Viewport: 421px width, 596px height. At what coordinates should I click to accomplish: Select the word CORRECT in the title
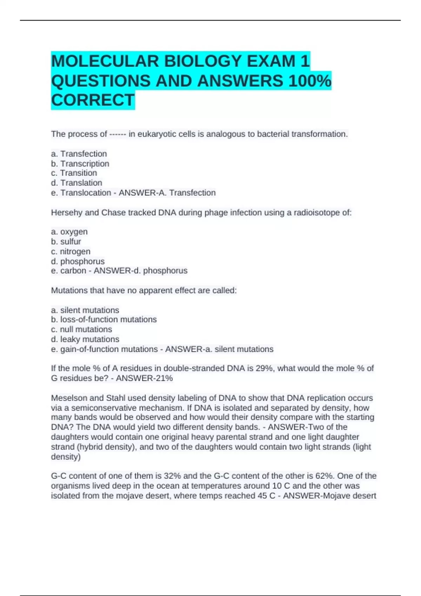click(93, 100)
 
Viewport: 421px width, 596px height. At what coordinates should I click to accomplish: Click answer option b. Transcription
click(80, 164)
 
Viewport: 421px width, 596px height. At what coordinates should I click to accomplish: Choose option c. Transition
click(74, 173)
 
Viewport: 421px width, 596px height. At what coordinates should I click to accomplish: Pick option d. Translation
click(76, 183)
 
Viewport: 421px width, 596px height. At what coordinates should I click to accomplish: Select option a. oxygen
click(69, 232)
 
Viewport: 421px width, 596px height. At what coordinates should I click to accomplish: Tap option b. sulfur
click(66, 242)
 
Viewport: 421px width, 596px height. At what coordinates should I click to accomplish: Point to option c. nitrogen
click(71, 251)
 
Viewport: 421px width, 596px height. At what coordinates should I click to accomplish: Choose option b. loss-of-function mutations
click(104, 319)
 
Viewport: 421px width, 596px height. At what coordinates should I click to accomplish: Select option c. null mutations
click(81, 330)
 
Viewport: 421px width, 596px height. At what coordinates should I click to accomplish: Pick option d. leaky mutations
click(85, 339)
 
